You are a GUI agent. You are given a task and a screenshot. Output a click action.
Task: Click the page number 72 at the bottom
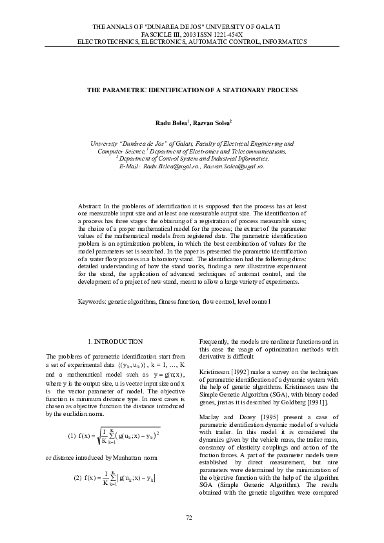(190, 517)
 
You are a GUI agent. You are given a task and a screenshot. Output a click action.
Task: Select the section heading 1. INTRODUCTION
(115, 341)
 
